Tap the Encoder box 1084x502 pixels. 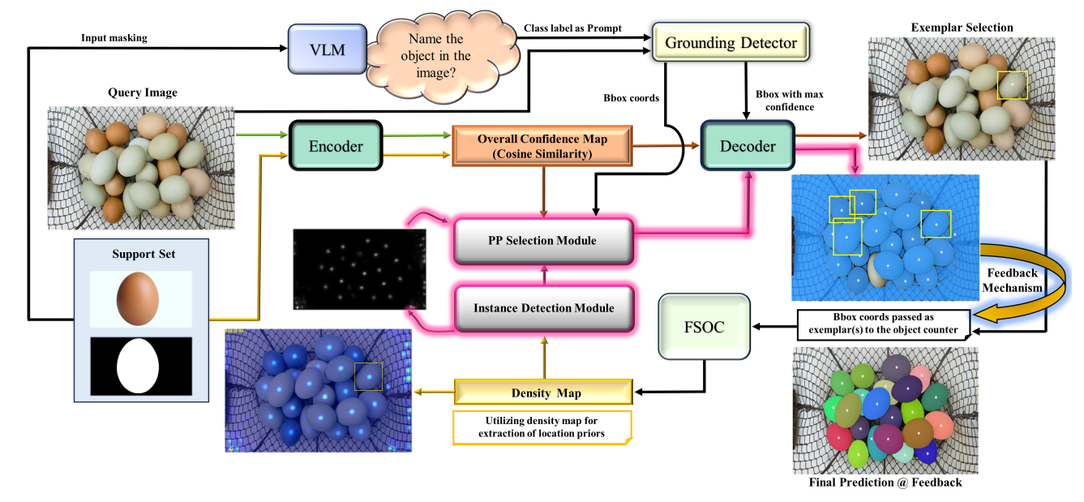click(x=336, y=147)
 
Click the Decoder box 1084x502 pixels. click(x=748, y=146)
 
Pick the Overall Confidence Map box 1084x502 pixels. click(x=542, y=146)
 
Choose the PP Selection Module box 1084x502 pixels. click(x=542, y=240)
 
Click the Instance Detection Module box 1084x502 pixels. click(x=543, y=308)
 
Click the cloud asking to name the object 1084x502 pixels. click(x=439, y=55)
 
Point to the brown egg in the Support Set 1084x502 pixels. click(x=140, y=298)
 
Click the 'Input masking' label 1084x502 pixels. click(x=114, y=37)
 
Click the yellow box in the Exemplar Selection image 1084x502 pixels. click(x=1012, y=85)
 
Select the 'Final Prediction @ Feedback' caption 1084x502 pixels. click(x=885, y=483)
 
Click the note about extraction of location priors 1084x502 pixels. click(x=542, y=427)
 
